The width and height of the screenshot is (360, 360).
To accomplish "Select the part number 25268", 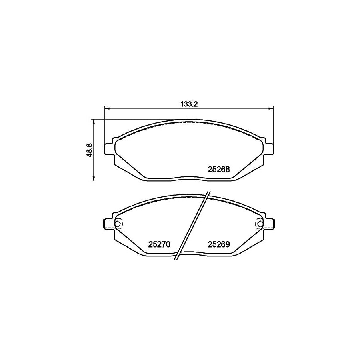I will (218, 169).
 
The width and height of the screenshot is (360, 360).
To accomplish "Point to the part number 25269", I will (218, 244).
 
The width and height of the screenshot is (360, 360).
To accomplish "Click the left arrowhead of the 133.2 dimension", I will (107, 108).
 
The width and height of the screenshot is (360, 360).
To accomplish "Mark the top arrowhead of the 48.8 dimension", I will (94, 121).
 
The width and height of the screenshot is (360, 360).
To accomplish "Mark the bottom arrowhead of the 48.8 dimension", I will (94, 179).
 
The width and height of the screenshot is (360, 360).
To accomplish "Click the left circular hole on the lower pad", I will (118, 223).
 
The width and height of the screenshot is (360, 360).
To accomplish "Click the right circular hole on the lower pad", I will (259, 223).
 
